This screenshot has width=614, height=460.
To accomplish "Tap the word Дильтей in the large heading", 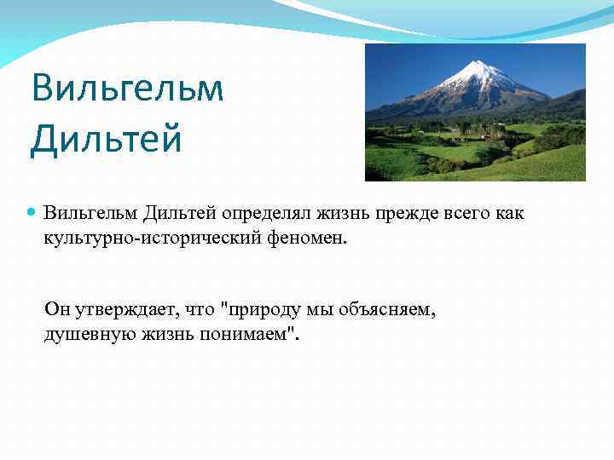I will (x=106, y=139).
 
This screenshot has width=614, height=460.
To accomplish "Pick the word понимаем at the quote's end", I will (x=251, y=335).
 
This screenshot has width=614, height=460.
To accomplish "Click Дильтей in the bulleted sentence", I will (x=173, y=212).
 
